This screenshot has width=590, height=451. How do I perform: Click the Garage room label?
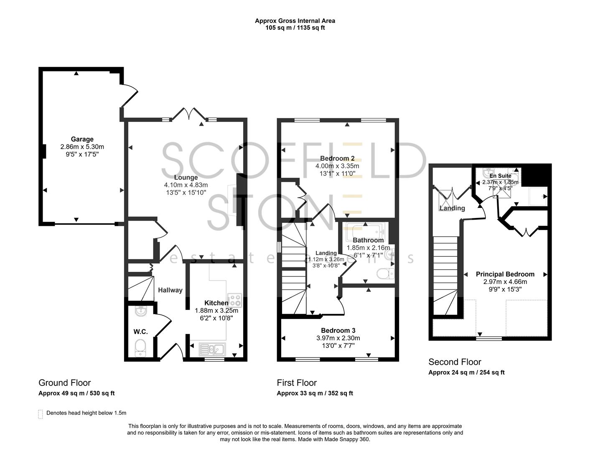pyautogui.click(x=82, y=139)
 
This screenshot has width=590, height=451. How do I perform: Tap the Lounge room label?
pyautogui.click(x=186, y=177)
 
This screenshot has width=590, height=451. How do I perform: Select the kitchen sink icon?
pyautogui.click(x=212, y=349)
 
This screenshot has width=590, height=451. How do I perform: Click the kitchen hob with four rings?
pyautogui.click(x=234, y=301)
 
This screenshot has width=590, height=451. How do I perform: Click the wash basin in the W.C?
pyautogui.click(x=141, y=312)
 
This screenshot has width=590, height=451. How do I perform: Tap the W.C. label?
pyautogui.click(x=140, y=332)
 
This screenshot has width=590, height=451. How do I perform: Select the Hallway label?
pyautogui.click(x=170, y=290)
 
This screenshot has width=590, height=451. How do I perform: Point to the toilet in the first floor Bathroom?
pyautogui.click(x=385, y=274)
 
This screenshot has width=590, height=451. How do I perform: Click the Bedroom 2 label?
pyautogui.click(x=337, y=158)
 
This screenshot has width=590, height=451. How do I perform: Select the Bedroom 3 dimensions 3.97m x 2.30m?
pyautogui.click(x=338, y=338)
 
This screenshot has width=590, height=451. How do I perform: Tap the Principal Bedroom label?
pyautogui.click(x=505, y=274)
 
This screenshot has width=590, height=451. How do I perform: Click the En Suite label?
pyautogui.click(x=500, y=176)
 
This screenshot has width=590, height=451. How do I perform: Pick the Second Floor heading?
pyautogui.click(x=455, y=362)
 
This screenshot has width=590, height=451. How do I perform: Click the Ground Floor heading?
pyautogui.click(x=64, y=383)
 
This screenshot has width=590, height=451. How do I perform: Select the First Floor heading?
pyautogui.click(x=297, y=383)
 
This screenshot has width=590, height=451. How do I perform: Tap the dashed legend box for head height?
pyautogui.click(x=41, y=414)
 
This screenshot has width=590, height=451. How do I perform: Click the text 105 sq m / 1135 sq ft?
pyautogui.click(x=295, y=28)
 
